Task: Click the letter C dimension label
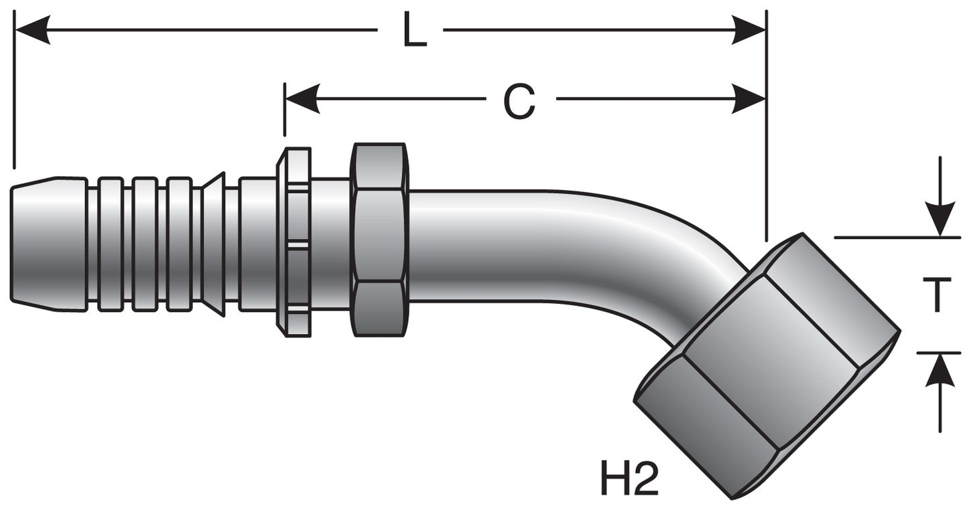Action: coord(519,102)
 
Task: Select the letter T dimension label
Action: coord(942,295)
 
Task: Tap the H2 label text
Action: coord(629,478)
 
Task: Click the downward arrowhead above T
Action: coord(942,220)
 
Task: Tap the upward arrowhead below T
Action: coord(942,369)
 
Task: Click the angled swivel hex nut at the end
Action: coord(767,367)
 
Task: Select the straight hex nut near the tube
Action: coord(379,240)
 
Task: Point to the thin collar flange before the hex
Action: coord(294,241)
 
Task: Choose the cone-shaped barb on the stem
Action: coord(213,244)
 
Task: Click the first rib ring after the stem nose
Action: coord(110,244)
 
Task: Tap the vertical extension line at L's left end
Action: coord(13,94)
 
